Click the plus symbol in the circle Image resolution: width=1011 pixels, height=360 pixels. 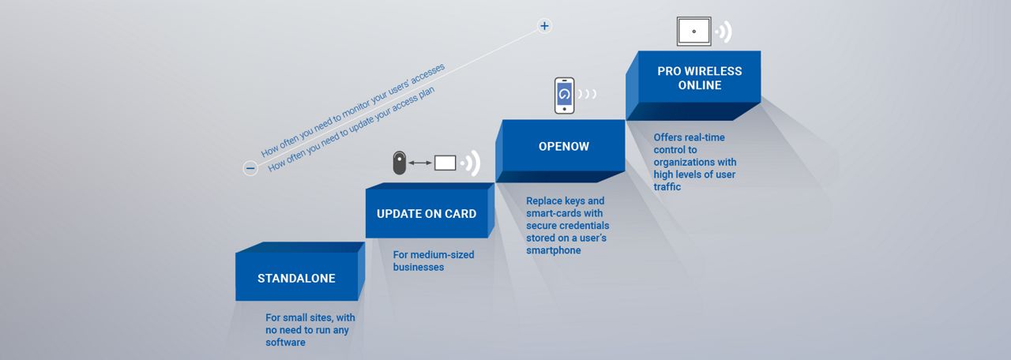pos(544,26)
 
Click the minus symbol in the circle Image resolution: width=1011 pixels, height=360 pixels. pos(250,168)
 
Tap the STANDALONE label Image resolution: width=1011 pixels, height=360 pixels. pos(296,279)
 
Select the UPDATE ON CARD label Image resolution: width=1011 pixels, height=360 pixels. pos(427,214)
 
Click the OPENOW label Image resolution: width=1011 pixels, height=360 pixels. pos(564,146)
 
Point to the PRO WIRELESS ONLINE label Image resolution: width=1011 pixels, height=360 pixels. pos(700,78)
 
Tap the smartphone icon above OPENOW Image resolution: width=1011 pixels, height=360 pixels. pos(564,96)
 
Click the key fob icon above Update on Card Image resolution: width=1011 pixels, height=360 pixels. pos(400,163)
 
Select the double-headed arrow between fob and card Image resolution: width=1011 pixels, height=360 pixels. pos(420,163)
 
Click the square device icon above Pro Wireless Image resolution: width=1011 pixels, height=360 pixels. pos(693,31)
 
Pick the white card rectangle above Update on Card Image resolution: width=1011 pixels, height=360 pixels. pos(445,163)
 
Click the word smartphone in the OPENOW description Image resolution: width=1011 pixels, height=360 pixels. pos(554,250)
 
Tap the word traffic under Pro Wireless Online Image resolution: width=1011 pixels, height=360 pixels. pos(667,187)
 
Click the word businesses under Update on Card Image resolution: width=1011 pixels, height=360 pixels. pos(419,267)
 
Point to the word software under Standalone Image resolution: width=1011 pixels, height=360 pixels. pos(285,343)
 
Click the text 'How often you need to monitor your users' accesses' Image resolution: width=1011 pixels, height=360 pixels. pos(353,110)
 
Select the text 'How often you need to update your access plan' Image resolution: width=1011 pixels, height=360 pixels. pos(351,129)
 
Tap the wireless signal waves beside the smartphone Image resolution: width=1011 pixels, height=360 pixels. pos(587,94)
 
